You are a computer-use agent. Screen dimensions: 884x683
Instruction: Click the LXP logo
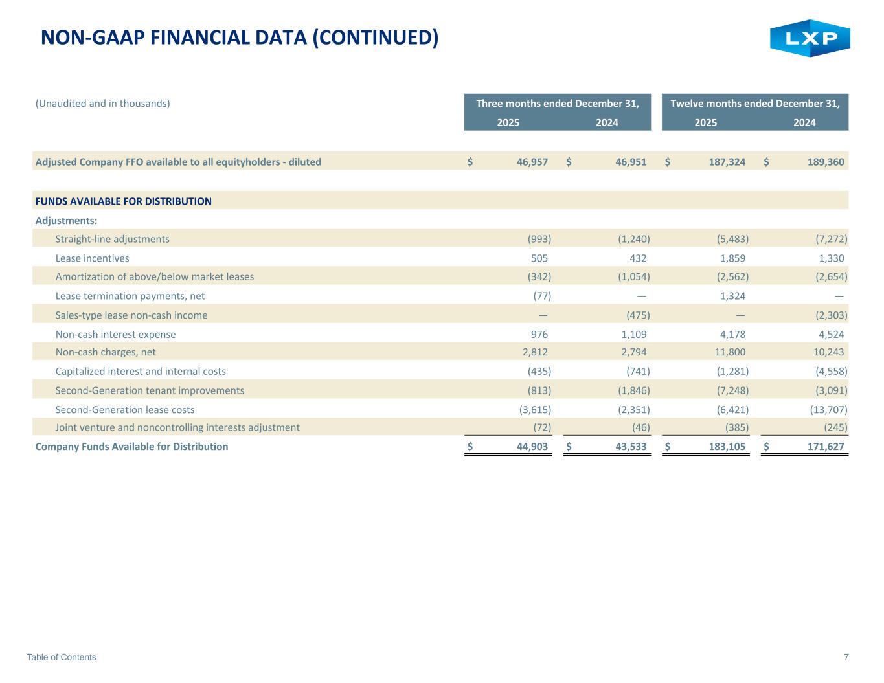[810, 38]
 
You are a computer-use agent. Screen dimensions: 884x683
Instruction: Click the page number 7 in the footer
[846, 657]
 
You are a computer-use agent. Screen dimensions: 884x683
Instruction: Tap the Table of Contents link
[62, 657]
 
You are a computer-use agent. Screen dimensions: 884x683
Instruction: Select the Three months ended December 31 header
[558, 104]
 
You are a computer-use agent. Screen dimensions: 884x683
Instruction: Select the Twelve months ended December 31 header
[755, 104]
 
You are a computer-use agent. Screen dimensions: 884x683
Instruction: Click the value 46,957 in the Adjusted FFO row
[532, 162]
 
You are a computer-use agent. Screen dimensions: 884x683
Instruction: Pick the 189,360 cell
[826, 162]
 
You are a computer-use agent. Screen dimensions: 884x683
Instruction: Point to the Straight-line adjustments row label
[112, 239]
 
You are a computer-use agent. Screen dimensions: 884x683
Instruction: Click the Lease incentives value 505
[539, 258]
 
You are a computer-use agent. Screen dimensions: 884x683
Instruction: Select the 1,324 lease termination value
[732, 296]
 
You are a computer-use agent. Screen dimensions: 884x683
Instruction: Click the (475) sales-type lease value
[638, 315]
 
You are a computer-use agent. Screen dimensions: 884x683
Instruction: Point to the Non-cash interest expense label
[115, 334]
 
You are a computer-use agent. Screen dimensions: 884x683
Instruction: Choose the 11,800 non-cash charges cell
[731, 352]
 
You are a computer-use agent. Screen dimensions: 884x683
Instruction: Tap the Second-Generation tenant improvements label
[150, 390]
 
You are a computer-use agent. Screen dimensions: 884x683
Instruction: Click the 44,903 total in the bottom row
[532, 447]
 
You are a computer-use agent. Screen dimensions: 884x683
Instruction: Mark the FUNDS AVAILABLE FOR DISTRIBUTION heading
[123, 201]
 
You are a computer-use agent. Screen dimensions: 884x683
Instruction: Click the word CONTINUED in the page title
[375, 38]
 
